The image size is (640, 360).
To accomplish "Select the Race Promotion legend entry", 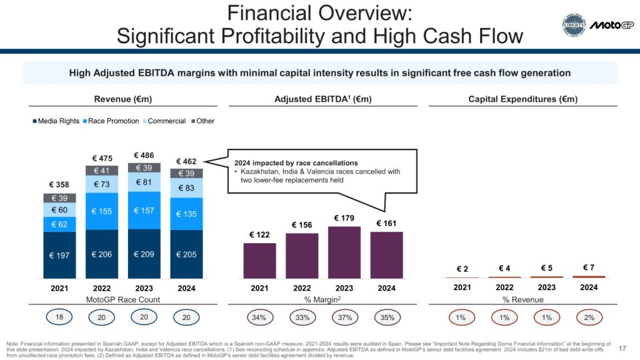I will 112,121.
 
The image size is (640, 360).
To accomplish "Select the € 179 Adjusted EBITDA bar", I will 344,252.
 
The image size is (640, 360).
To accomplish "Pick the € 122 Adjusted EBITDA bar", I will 259,260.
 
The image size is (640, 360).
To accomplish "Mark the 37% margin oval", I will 344,317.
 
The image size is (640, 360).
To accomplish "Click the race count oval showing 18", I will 61,317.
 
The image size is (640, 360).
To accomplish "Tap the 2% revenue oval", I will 589,317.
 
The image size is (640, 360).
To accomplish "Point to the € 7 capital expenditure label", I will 589,268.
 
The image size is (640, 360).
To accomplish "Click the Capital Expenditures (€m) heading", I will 522,99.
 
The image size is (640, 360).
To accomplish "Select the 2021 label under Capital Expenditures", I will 462,287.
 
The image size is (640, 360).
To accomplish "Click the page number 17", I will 622,348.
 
